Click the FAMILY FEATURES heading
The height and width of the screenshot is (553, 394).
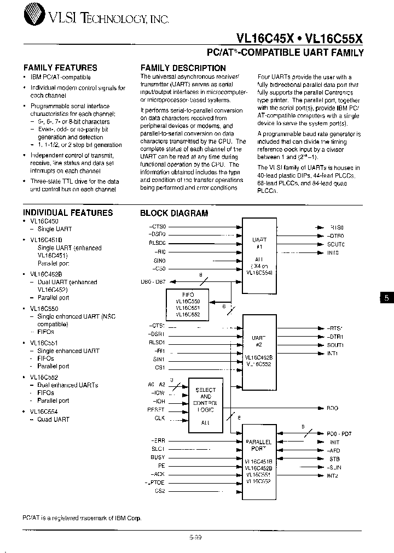coord(60,68)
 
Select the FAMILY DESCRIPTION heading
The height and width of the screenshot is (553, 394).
coord(183,68)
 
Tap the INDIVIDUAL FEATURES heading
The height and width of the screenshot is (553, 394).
coord(68,213)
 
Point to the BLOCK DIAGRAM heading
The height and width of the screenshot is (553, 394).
coord(174,213)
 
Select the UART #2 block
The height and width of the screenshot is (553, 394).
coord(259,344)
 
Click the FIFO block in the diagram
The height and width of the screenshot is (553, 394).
coord(184,304)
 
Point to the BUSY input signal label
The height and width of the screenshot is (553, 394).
coord(158,457)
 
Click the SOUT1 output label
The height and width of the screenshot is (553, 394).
coord(335,345)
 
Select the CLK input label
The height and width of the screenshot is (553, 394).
coord(159,419)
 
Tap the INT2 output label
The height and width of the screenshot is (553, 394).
coord(333,476)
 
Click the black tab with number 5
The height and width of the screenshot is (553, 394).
coord(386,298)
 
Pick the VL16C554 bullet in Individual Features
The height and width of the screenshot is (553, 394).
coord(44,411)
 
